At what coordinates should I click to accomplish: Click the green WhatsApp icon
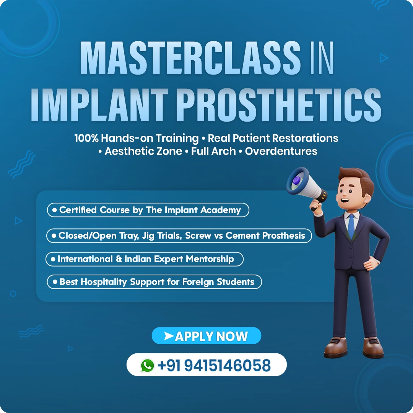147,365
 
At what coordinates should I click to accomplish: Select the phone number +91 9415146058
214,365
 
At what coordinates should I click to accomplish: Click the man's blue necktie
351,226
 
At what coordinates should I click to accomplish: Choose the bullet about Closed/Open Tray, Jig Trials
179,236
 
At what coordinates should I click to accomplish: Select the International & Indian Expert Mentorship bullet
144,259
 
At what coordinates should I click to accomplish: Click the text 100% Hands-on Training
137,138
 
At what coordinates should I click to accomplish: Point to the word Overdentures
281,151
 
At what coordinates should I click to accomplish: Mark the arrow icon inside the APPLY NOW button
169,336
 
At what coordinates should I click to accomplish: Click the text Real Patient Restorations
273,138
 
